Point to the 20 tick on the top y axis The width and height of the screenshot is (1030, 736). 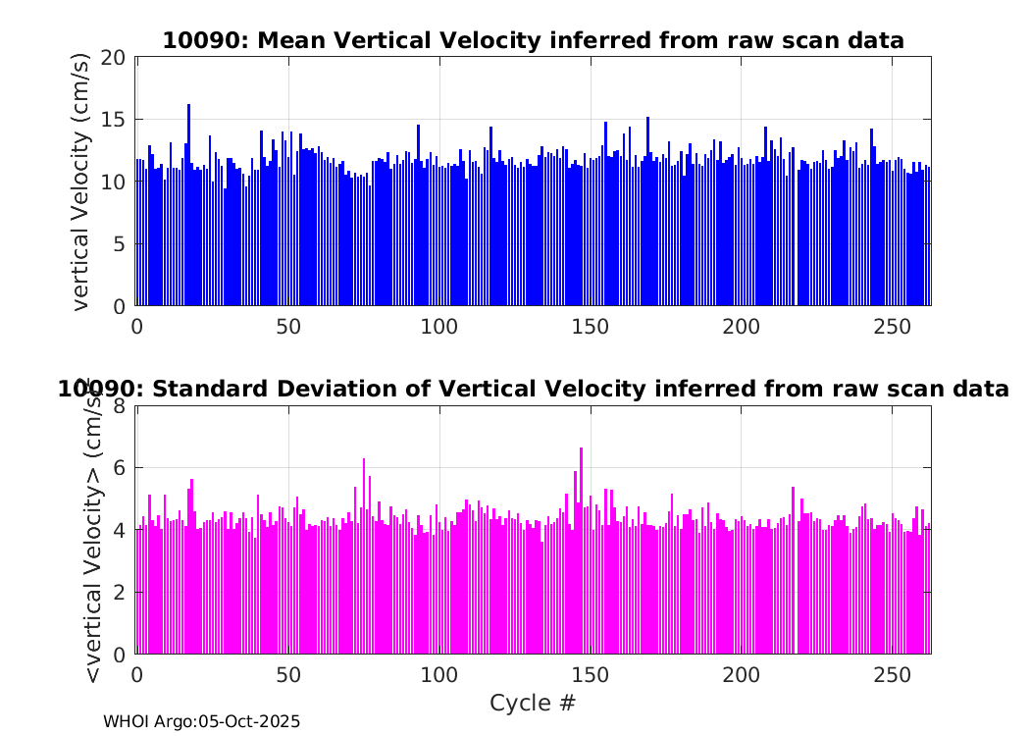[114, 57]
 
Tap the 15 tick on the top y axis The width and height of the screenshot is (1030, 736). [114, 120]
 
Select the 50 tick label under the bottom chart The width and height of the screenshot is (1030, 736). [288, 676]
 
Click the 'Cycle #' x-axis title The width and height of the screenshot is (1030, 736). [533, 704]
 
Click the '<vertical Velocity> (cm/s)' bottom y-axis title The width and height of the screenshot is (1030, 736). [94, 530]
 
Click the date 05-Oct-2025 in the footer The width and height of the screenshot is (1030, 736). [249, 721]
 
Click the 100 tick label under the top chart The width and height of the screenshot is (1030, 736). [438, 327]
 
